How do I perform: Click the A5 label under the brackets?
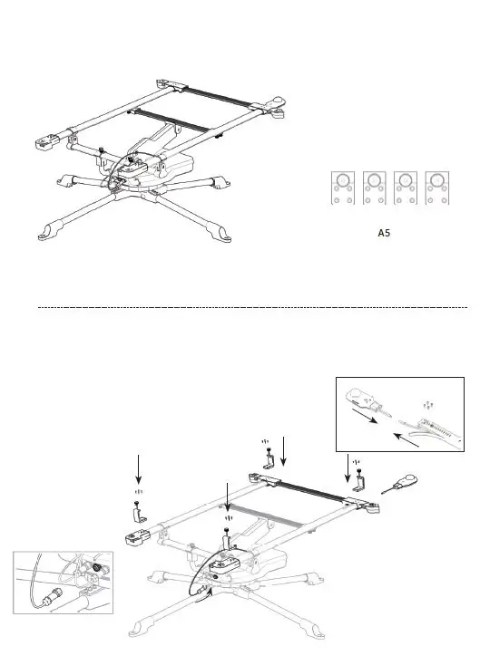click(384, 232)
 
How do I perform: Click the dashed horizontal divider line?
click(254, 308)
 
